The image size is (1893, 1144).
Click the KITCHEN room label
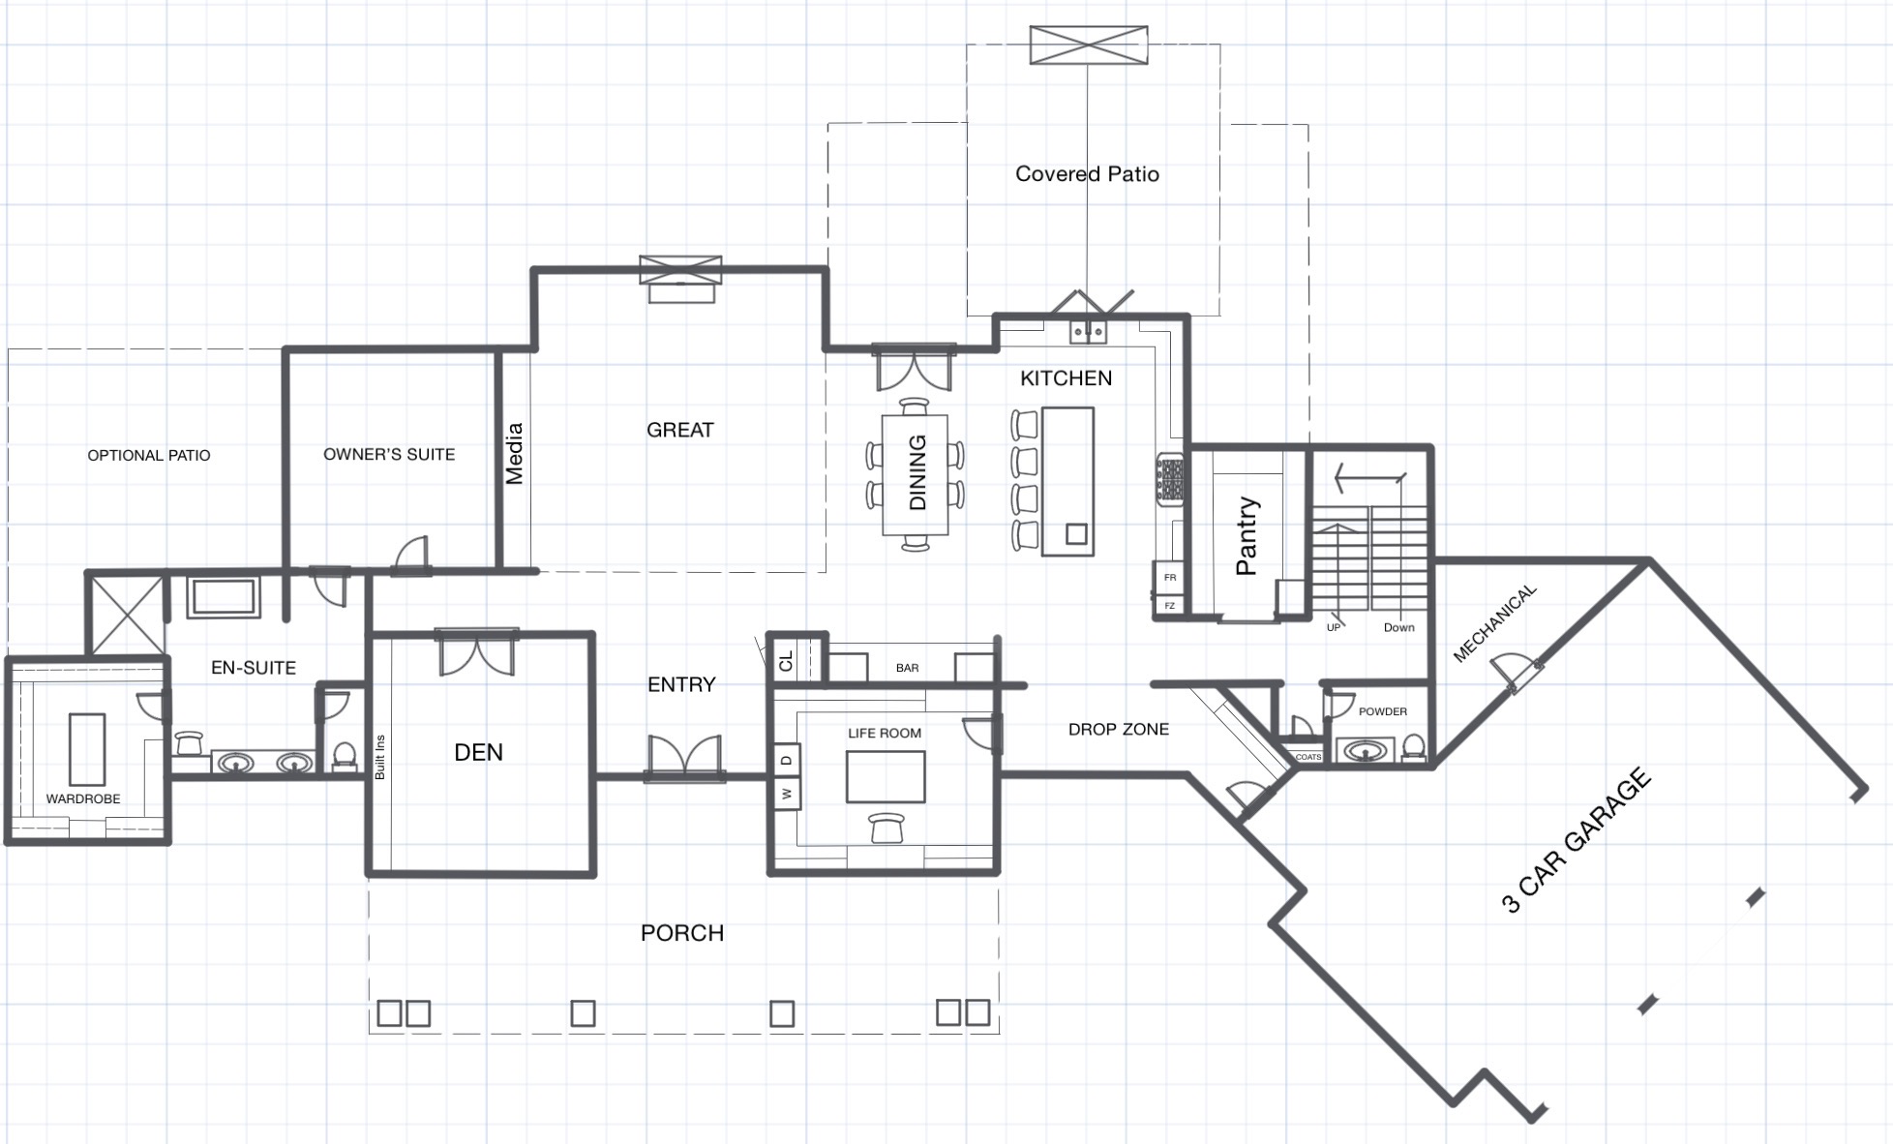[x=1066, y=378]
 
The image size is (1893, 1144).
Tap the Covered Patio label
[x=1087, y=174]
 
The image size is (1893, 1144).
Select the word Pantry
[x=1247, y=536]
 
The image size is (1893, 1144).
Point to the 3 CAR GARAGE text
[x=1577, y=840]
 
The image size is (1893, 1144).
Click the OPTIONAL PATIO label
[x=149, y=455]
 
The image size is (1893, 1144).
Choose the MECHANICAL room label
[x=1495, y=623]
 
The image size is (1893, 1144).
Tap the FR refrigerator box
[x=1170, y=577]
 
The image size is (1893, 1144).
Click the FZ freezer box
[x=1170, y=606]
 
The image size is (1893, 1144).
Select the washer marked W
[x=787, y=794]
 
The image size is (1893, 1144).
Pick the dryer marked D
[x=787, y=760]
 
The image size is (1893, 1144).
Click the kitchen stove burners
[x=1171, y=479]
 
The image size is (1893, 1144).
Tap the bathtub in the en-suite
[x=224, y=597]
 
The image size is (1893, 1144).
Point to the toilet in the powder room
[x=1413, y=747]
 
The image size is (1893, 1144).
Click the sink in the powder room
[x=1366, y=750]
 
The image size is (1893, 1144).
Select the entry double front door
[x=685, y=757]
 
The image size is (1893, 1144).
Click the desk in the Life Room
[x=886, y=776]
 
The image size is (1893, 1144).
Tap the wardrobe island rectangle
[x=87, y=749]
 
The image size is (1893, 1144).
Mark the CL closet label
[x=786, y=661]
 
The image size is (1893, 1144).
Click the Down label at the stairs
[x=1398, y=627]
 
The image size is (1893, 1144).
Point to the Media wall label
[x=515, y=453]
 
